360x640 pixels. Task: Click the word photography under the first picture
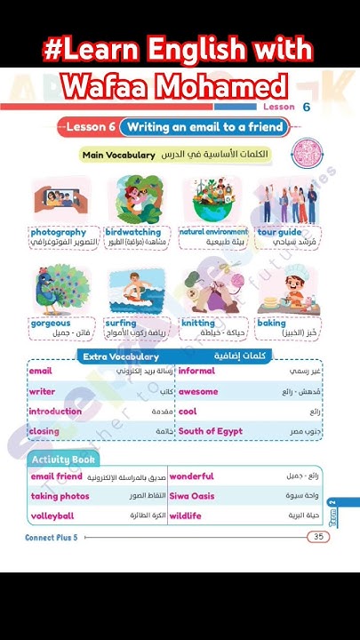59,232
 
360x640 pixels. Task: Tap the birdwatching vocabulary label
132,232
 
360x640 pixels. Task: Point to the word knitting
198,324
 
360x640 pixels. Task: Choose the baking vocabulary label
272,324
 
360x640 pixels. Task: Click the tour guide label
279,232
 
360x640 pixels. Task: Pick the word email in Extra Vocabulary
41,371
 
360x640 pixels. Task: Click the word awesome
197,391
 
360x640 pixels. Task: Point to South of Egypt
210,431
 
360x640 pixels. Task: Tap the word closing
44,431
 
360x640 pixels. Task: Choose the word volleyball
52,516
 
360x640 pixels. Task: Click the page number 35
317,537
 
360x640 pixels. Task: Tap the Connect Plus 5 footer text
52,538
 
